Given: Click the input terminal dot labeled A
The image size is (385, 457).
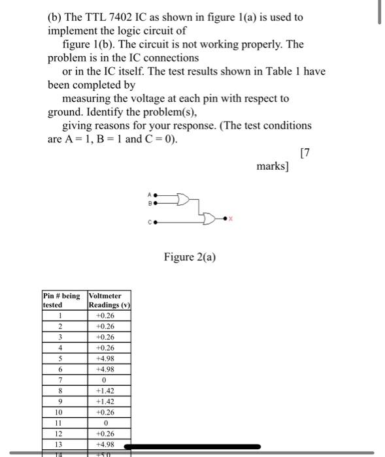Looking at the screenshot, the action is coord(156,194).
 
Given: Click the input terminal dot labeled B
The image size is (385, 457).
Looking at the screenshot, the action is coord(156,203).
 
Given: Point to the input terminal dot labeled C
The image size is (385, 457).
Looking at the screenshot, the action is coord(156,222).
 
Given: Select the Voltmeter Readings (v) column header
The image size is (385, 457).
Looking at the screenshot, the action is coord(109,300).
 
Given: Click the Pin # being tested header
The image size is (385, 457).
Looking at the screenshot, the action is coord(63,300).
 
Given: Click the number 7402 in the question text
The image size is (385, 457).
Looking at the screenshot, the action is coord(127,17).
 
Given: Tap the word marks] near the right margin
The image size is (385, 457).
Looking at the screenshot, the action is coord(272,166).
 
